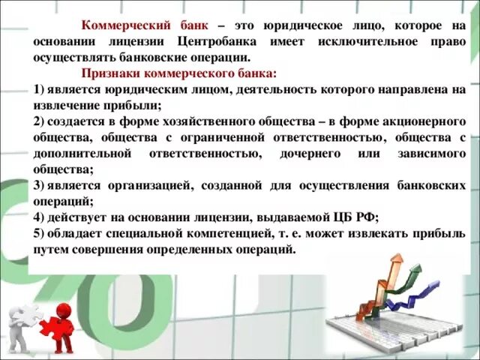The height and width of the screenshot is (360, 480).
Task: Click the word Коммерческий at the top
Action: [x=119, y=25]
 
